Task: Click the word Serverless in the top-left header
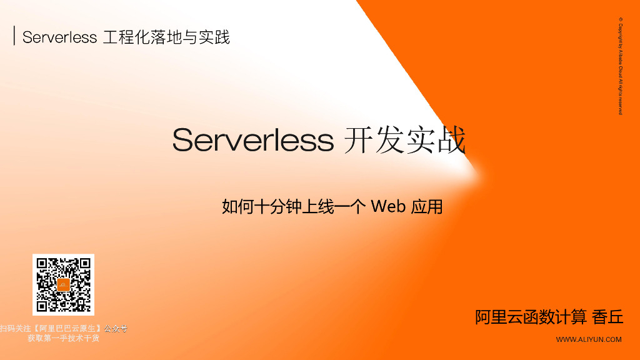pyautogui.click(x=59, y=37)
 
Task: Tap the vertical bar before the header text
pyautogui.click(x=14, y=36)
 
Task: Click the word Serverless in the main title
pyautogui.click(x=253, y=140)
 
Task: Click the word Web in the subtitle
pyautogui.click(x=388, y=206)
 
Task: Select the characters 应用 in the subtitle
pyautogui.click(x=427, y=206)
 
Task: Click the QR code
pyautogui.click(x=63, y=284)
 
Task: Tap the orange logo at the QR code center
pyautogui.click(x=63, y=284)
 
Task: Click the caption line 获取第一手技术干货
pyautogui.click(x=63, y=338)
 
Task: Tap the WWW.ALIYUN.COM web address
pyautogui.click(x=589, y=339)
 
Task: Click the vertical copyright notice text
pyautogui.click(x=621, y=66)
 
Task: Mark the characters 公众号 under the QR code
pyautogui.click(x=116, y=328)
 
